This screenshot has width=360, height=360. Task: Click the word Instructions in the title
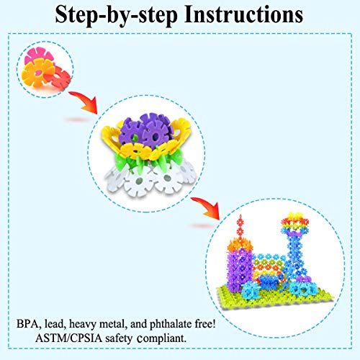(x=243, y=14)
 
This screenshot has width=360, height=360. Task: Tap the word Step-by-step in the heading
(x=117, y=15)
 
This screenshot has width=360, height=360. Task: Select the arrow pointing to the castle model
(x=207, y=207)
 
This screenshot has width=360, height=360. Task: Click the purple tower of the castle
(x=240, y=269)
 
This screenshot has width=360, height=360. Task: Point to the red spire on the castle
(x=240, y=227)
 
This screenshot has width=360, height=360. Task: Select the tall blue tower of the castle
(x=295, y=259)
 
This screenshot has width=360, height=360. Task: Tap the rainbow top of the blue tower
(x=294, y=222)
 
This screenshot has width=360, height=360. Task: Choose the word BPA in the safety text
(x=27, y=324)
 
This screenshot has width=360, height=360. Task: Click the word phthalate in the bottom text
(x=171, y=325)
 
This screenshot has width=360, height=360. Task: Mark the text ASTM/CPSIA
(x=68, y=338)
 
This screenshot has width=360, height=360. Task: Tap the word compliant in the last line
(x=161, y=339)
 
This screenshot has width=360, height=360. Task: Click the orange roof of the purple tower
(x=240, y=245)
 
